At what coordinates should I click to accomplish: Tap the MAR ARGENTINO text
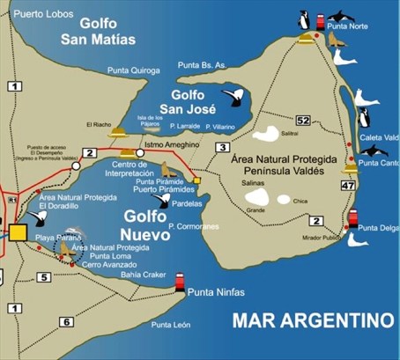click(x=312, y=318)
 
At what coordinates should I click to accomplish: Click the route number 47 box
click(x=348, y=186)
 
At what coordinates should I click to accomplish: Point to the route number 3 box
click(x=223, y=147)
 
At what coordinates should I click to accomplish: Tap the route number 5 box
click(x=43, y=278)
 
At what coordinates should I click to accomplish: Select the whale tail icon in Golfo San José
click(x=233, y=97)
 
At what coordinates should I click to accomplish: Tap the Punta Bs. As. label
click(x=203, y=65)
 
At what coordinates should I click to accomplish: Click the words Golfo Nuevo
click(x=144, y=222)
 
